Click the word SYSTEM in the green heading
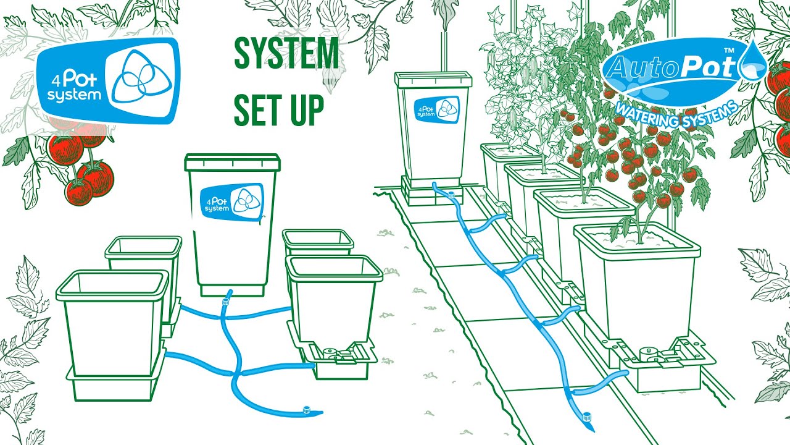tap(286, 54)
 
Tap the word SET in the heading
tap(257, 110)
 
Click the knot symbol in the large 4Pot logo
tap(142, 78)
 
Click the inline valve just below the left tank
tap(225, 302)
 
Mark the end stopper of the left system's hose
tap(307, 410)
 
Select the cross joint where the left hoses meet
tap(236, 373)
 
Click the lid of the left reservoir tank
tap(233, 163)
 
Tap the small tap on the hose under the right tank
tap(451, 194)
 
